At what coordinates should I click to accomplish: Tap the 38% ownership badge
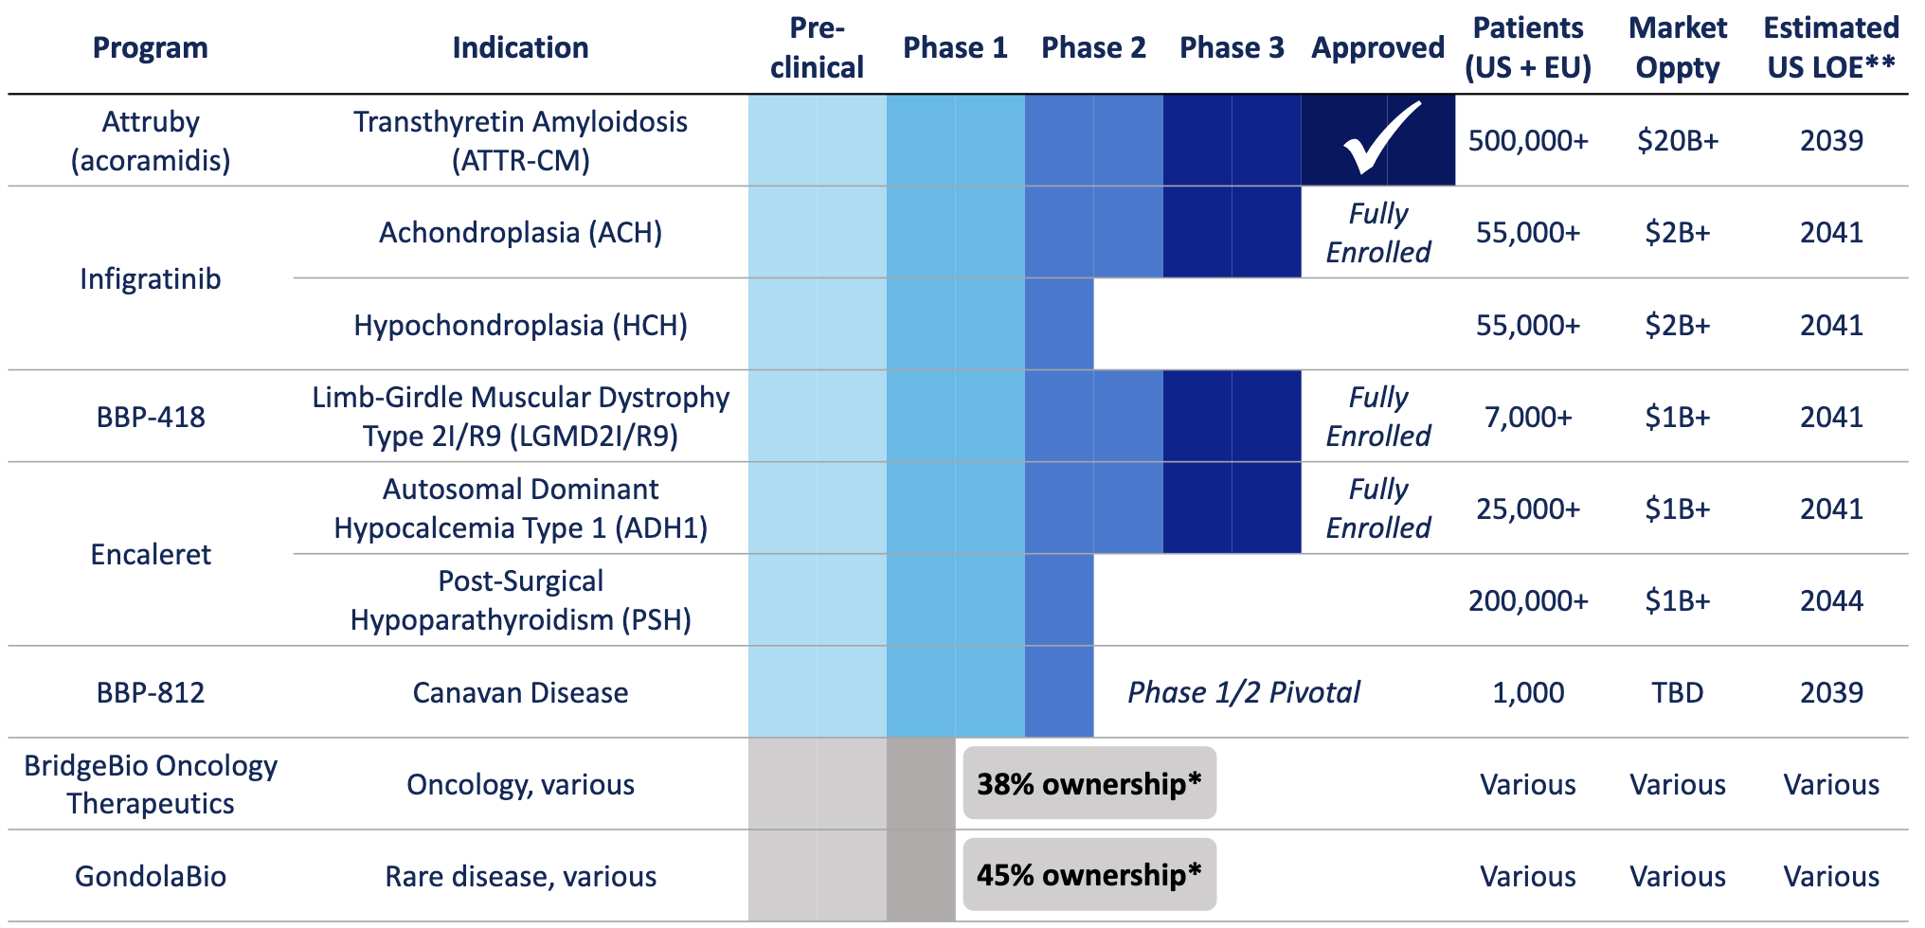click(1088, 784)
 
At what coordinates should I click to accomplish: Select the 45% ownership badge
click(1088, 875)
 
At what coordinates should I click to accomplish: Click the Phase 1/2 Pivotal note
click(1243, 692)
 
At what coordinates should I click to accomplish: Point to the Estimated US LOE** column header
click(1830, 47)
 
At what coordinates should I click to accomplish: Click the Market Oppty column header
click(1677, 47)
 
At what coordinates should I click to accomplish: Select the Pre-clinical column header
click(817, 47)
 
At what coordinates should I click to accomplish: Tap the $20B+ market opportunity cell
click(1677, 141)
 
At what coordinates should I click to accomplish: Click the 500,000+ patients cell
click(1527, 141)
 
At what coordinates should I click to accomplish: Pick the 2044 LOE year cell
click(1830, 600)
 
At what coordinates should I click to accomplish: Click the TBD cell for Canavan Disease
click(1677, 692)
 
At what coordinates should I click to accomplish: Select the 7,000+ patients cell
click(1527, 417)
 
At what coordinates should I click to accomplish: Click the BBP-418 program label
click(151, 417)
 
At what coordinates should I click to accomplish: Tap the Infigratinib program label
click(151, 279)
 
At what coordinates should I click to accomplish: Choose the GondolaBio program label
click(151, 876)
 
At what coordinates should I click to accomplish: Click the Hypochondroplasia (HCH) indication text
click(520, 325)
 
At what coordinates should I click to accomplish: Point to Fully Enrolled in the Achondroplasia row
click(1377, 233)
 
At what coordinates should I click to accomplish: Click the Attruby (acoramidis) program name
click(151, 141)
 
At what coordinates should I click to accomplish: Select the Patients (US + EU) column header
click(1527, 47)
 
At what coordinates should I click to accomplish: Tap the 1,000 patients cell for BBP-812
click(1527, 692)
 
